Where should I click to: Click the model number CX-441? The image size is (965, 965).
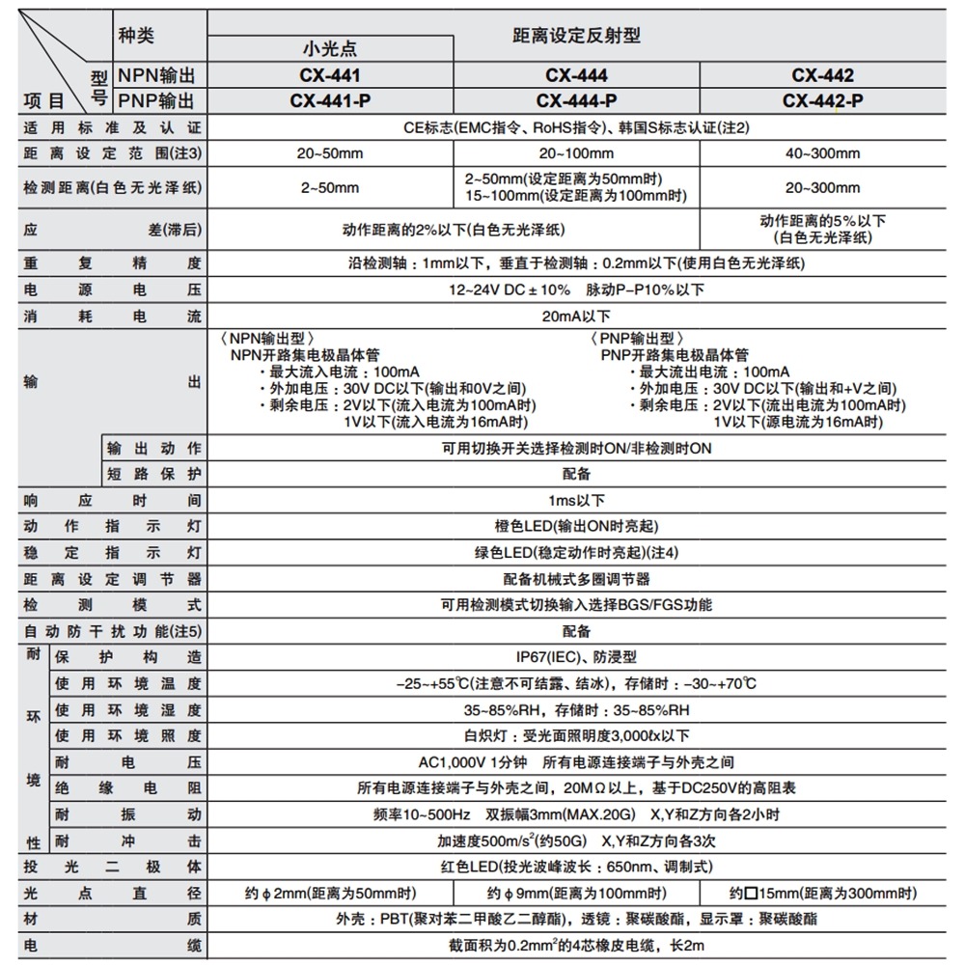click(x=330, y=75)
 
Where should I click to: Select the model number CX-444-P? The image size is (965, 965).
click(x=576, y=100)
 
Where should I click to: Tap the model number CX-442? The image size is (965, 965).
click(x=822, y=75)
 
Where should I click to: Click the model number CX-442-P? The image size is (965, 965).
click(x=822, y=100)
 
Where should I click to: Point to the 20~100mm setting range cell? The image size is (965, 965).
click(x=576, y=153)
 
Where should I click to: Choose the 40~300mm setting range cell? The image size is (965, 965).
click(x=822, y=153)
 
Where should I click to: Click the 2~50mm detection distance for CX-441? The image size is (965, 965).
click(x=330, y=187)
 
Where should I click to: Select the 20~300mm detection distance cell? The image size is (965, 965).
click(x=822, y=187)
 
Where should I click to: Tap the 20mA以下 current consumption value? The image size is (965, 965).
click(x=576, y=316)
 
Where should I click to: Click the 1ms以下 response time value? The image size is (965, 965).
click(x=576, y=500)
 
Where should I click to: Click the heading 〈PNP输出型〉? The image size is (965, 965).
click(x=634, y=339)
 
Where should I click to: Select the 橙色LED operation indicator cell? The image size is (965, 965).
click(x=576, y=527)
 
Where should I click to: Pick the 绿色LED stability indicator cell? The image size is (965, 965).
click(x=576, y=553)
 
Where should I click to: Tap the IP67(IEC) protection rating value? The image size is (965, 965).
click(x=576, y=657)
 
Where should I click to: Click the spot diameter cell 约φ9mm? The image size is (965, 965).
click(x=576, y=893)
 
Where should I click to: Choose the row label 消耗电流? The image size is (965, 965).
click(x=113, y=316)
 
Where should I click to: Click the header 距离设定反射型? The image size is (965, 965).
click(x=576, y=36)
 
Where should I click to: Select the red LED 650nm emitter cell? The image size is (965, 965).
click(x=576, y=867)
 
